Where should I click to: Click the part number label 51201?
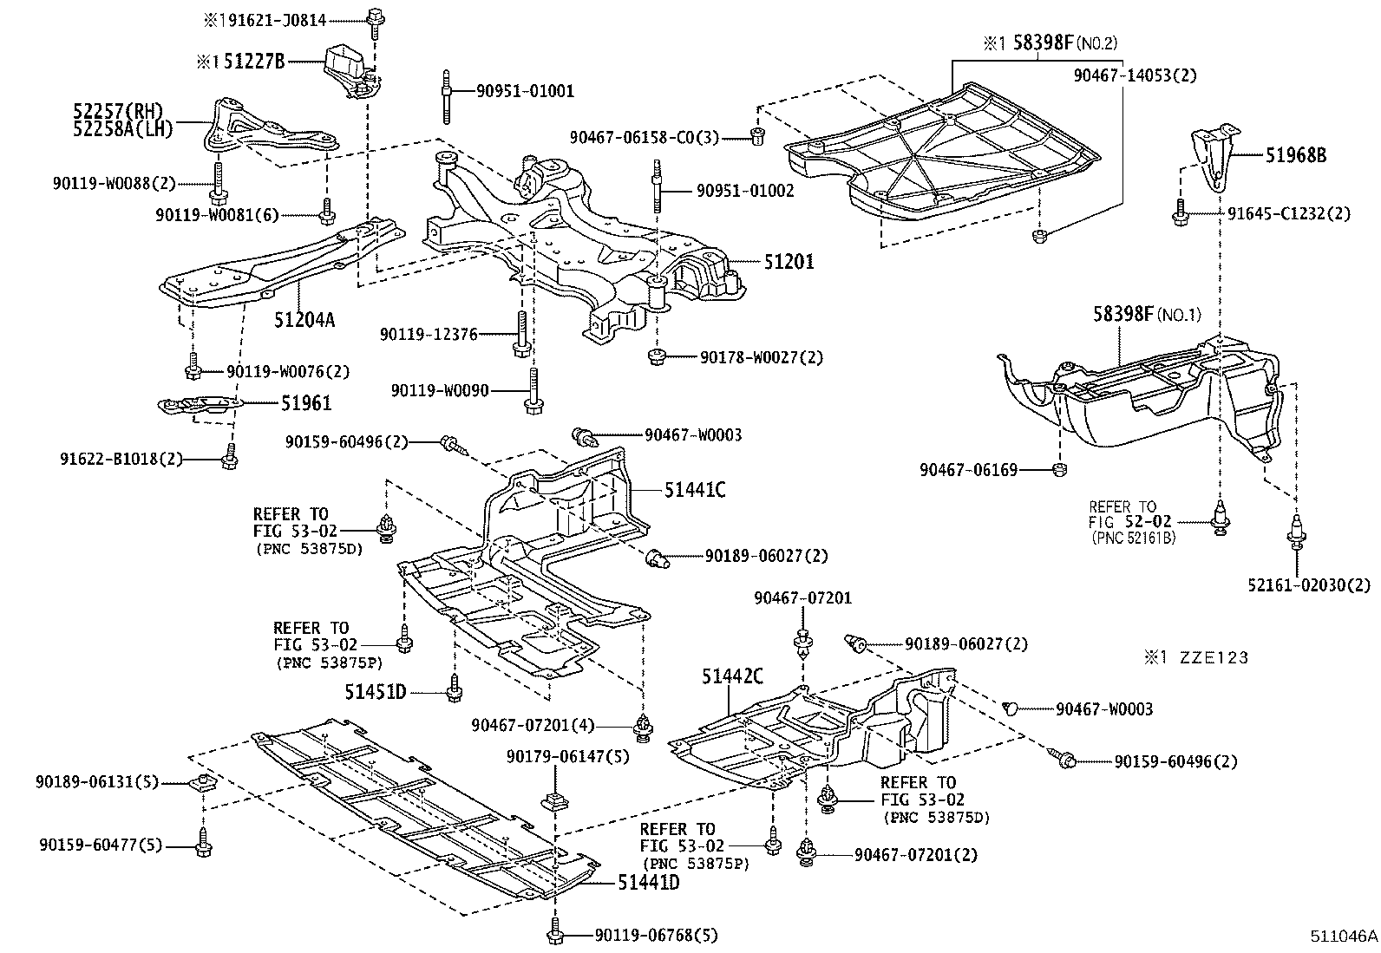789,261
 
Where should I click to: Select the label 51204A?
304,319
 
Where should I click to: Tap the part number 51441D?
649,883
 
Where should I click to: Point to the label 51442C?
733,676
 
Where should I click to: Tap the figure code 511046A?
1343,937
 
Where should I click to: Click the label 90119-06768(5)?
657,935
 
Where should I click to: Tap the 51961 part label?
305,403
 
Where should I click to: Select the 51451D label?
375,691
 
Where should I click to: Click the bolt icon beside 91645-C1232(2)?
1180,214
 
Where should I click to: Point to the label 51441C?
695,489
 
